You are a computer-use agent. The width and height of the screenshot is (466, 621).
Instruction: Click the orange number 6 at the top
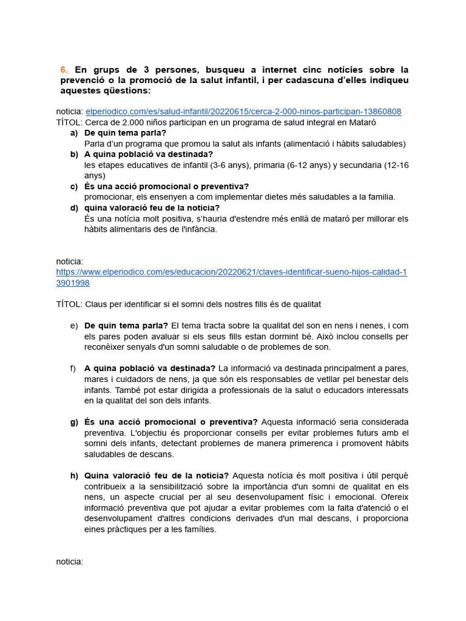click(x=64, y=70)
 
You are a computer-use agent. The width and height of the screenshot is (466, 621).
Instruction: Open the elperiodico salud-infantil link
click(x=243, y=112)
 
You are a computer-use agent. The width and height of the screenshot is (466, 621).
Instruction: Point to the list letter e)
click(x=74, y=326)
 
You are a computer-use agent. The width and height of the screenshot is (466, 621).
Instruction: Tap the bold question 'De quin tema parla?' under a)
click(x=126, y=133)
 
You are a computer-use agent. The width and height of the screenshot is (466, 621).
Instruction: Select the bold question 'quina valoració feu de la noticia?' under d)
click(x=152, y=208)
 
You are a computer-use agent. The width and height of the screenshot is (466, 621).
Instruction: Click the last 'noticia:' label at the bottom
click(x=70, y=562)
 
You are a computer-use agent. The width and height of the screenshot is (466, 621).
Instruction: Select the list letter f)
click(x=73, y=368)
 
